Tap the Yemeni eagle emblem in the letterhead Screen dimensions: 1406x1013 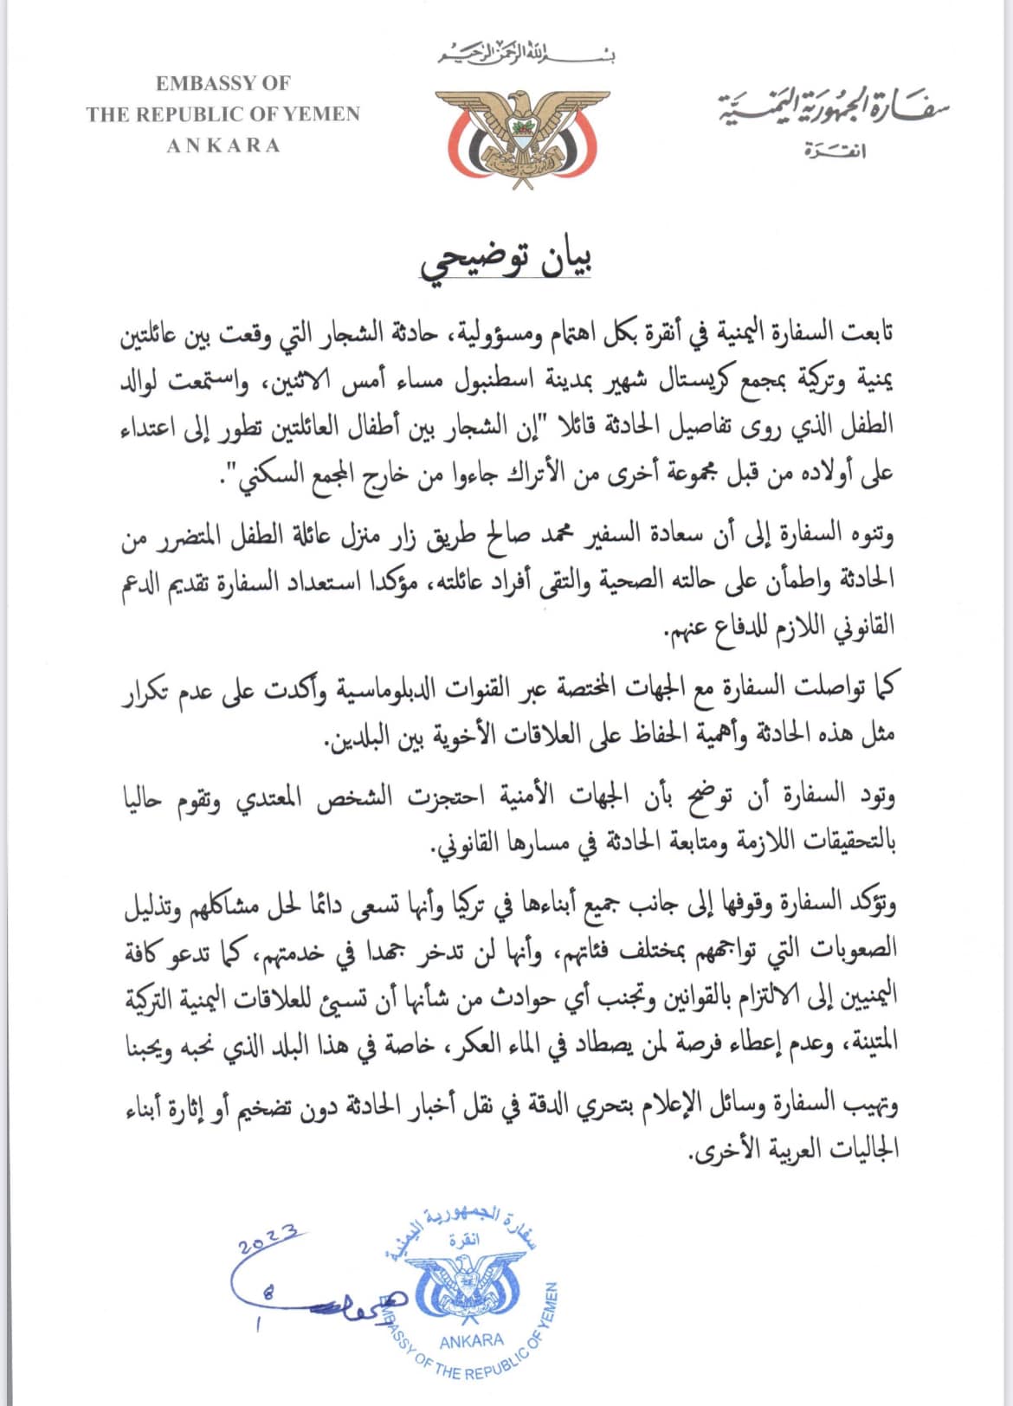click(x=519, y=136)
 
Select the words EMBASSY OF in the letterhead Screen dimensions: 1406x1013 click(x=223, y=83)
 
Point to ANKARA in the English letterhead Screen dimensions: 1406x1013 click(x=223, y=145)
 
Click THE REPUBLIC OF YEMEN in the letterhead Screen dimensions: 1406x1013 click(x=223, y=113)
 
